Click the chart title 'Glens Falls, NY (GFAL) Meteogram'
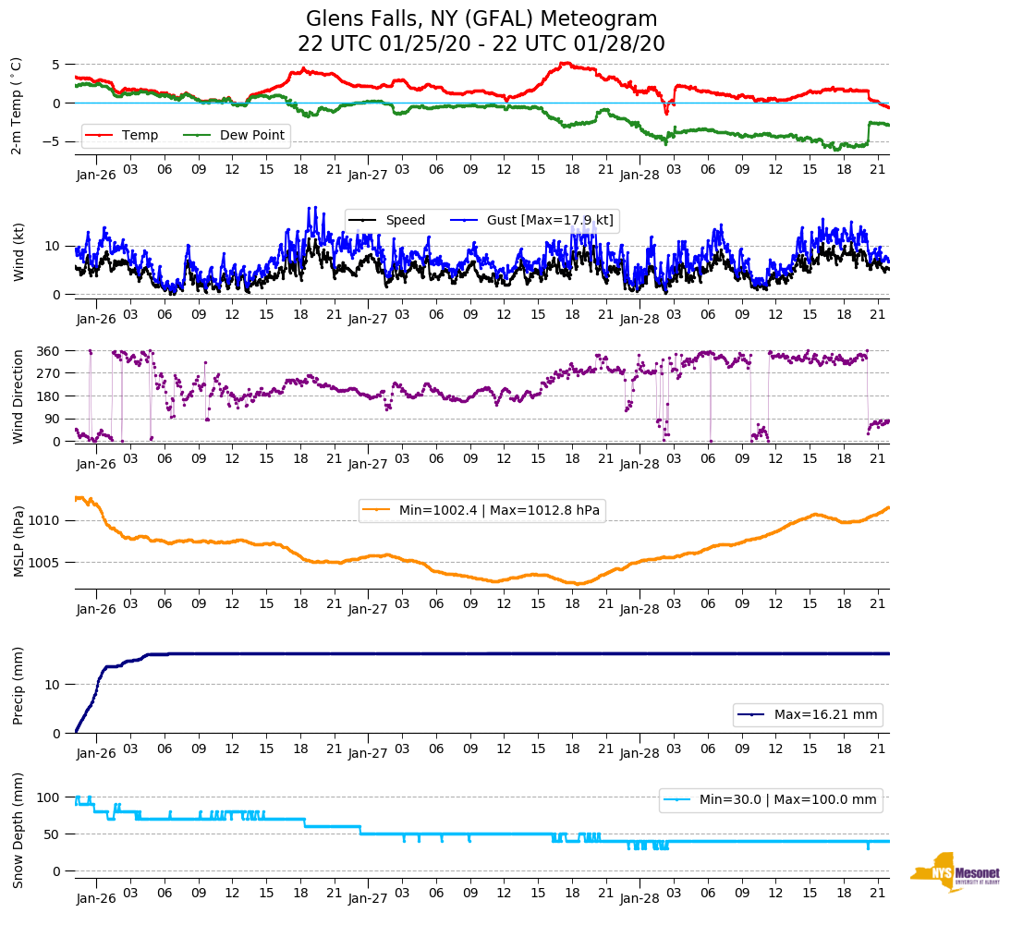point(481,19)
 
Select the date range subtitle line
point(481,44)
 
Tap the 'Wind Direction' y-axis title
point(18,396)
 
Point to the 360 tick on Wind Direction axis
point(50,351)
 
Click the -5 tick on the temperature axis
point(54,141)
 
